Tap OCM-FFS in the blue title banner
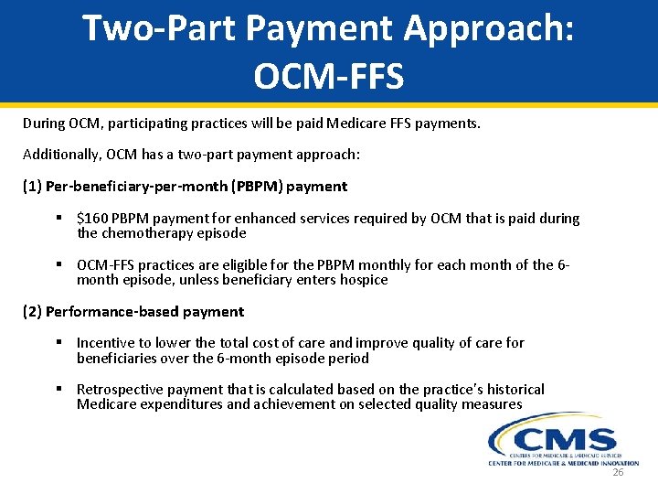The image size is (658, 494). (328, 77)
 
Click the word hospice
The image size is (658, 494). (360, 280)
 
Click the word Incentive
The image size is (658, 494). (106, 343)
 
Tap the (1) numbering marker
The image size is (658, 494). (32, 187)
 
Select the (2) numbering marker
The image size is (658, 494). (32, 312)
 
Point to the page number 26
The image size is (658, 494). (618, 472)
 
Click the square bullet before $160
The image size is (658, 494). (58, 219)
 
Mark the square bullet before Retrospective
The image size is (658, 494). (58, 390)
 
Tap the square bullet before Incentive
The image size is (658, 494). (58, 343)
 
